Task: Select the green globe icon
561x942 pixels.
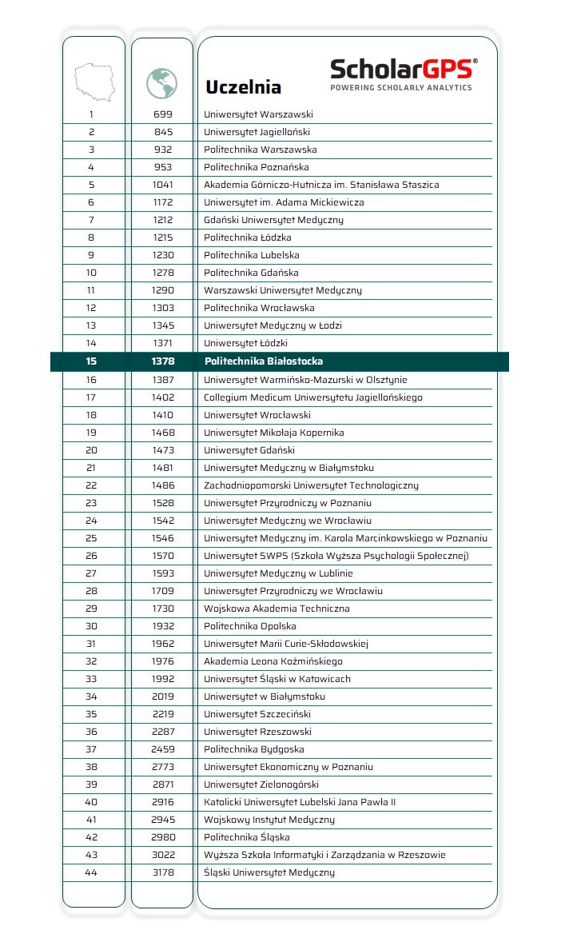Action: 162,82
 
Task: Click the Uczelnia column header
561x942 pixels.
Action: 243,86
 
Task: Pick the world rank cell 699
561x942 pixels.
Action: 163,114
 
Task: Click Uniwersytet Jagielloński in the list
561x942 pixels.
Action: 257,132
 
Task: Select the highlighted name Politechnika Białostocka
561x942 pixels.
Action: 264,361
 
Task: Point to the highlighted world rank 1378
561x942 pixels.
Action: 163,361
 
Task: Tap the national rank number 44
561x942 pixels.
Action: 91,872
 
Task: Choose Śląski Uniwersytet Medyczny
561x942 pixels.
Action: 269,872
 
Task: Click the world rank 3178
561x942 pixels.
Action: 163,872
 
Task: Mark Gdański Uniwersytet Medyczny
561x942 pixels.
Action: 273,220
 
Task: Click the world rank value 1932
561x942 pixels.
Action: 163,626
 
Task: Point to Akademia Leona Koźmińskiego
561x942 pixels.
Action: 273,661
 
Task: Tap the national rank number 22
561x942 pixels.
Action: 91,485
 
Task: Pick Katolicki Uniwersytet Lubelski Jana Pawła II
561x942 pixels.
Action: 300,802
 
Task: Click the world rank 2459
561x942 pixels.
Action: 163,749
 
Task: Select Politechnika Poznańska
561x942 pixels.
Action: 257,167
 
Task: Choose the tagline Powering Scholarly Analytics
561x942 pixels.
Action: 401,87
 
